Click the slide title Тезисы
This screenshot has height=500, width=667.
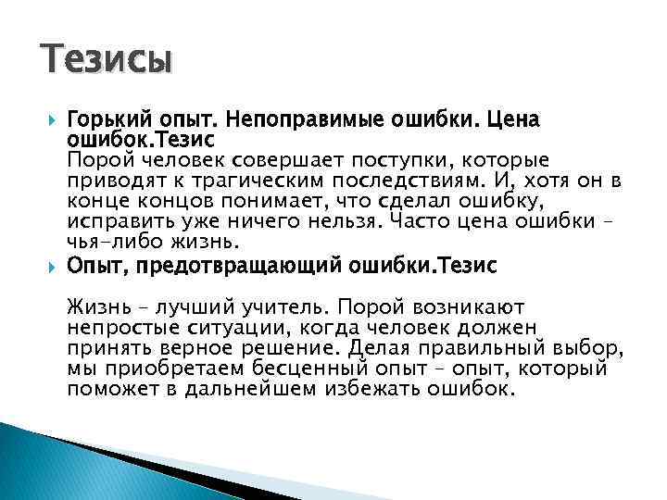[x=107, y=60]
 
